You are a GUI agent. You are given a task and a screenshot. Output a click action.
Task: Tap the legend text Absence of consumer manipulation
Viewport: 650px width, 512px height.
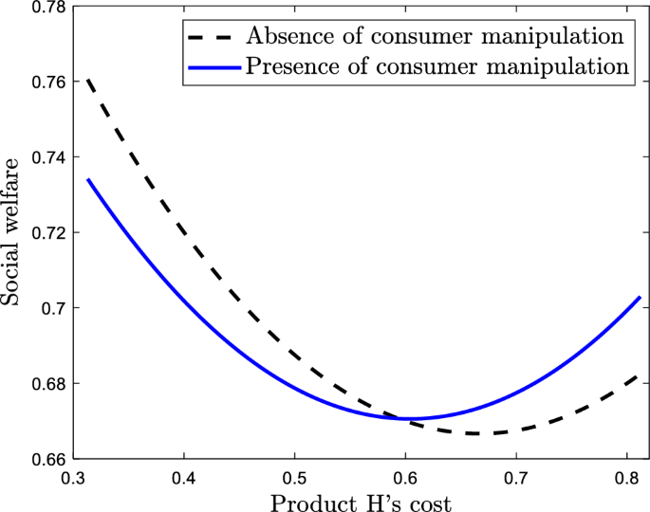(434, 37)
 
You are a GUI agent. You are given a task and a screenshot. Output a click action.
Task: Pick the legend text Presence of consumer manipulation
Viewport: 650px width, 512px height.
(437, 66)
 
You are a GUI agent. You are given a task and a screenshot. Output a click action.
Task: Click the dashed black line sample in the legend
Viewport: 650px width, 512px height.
(211, 38)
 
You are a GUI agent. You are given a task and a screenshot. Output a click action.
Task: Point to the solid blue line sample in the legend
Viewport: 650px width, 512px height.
(211, 67)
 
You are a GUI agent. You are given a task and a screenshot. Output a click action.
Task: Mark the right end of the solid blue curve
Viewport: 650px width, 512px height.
(641, 298)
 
